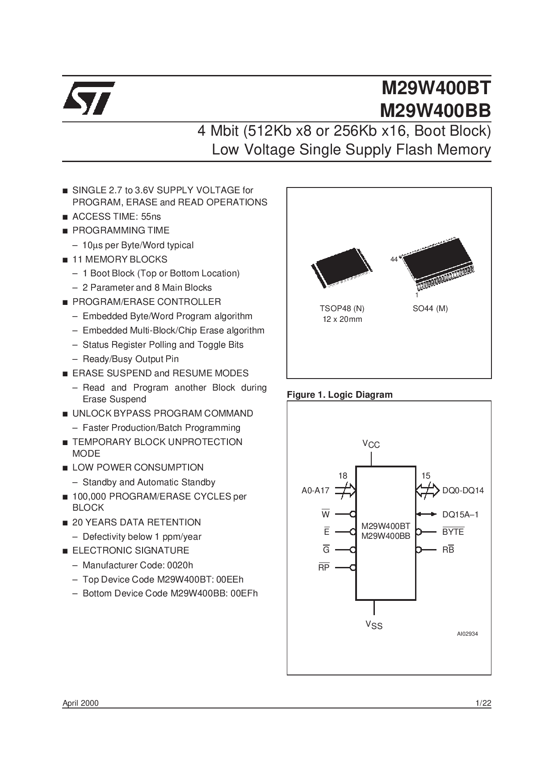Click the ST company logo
coord(89,98)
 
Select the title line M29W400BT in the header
coord(436,88)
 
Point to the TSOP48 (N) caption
coord(342,308)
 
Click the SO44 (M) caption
coord(430,308)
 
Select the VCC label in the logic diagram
coord(371,444)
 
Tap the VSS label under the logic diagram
coord(374,625)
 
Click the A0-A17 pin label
coord(315,491)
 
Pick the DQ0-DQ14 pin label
coord(463,491)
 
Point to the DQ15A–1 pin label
coord(461,515)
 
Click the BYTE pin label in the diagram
coord(453,532)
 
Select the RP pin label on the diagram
coord(324,567)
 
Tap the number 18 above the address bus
coord(343,476)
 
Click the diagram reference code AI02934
coord(467,634)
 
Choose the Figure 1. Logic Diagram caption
coord(340,395)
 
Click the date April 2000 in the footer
coord(80,704)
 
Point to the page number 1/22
coord(483,704)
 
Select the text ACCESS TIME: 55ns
coord(117,217)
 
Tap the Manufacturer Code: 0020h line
coord(138,565)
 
